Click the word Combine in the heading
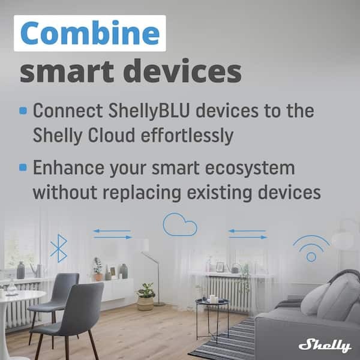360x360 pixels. coord(91,35)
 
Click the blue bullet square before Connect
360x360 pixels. coord(23,111)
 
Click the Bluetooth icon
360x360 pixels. coord(58,248)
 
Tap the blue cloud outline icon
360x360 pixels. coord(180,225)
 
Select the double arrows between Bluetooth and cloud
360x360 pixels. coord(112,234)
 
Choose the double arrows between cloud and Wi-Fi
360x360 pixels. coord(248,234)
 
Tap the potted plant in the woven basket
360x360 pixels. coord(145,297)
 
